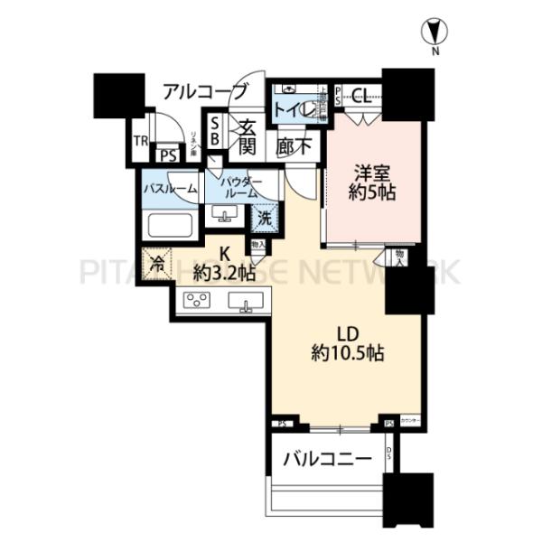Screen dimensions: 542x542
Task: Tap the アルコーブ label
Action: [205, 90]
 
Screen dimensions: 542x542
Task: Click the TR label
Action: [140, 140]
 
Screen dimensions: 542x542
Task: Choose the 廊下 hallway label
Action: [294, 145]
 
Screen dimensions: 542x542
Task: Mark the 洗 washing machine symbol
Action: [264, 217]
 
